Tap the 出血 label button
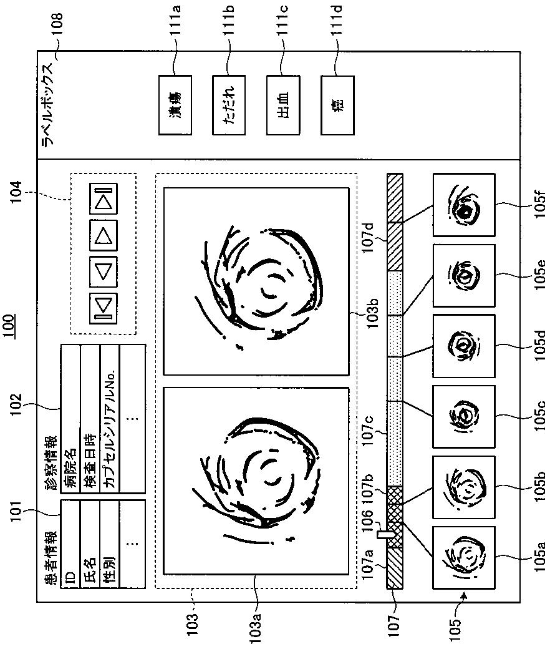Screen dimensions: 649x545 coord(284,105)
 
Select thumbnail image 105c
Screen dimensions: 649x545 coord(464,416)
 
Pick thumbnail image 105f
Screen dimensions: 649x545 coord(464,205)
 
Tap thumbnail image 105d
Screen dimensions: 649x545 coord(464,346)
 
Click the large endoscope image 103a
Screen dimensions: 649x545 coord(256,481)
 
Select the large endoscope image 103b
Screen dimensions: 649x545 coord(256,281)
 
